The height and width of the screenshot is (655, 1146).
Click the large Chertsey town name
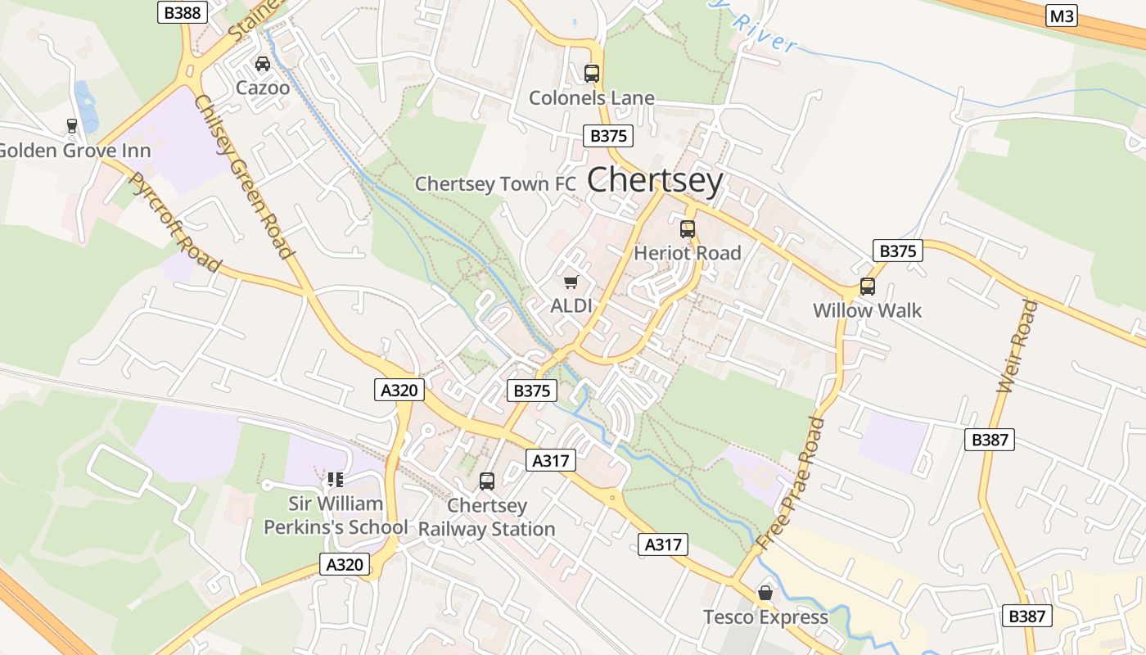[x=655, y=181]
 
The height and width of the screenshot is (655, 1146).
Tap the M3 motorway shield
[x=1061, y=16]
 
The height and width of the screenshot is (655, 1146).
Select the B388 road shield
[x=182, y=12]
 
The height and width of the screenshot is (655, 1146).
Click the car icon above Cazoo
[x=263, y=64]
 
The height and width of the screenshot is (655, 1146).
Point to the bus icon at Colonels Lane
[x=592, y=74]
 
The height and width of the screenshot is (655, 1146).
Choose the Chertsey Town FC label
[x=495, y=184]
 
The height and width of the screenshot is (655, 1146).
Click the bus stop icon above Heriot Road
[x=688, y=229]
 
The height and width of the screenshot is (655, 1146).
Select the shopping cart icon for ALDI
[x=571, y=282]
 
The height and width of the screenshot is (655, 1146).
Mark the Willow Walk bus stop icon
[x=867, y=287]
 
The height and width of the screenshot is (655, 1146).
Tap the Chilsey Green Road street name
[x=244, y=176]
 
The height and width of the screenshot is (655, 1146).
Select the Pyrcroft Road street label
[x=175, y=222]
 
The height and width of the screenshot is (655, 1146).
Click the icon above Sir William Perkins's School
[x=335, y=479]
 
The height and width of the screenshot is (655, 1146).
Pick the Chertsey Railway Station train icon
[x=487, y=481]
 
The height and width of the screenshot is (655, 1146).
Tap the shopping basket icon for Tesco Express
[x=765, y=593]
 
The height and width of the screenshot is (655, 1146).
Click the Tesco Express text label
[x=765, y=617]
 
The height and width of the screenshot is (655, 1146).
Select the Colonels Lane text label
[x=591, y=98]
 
